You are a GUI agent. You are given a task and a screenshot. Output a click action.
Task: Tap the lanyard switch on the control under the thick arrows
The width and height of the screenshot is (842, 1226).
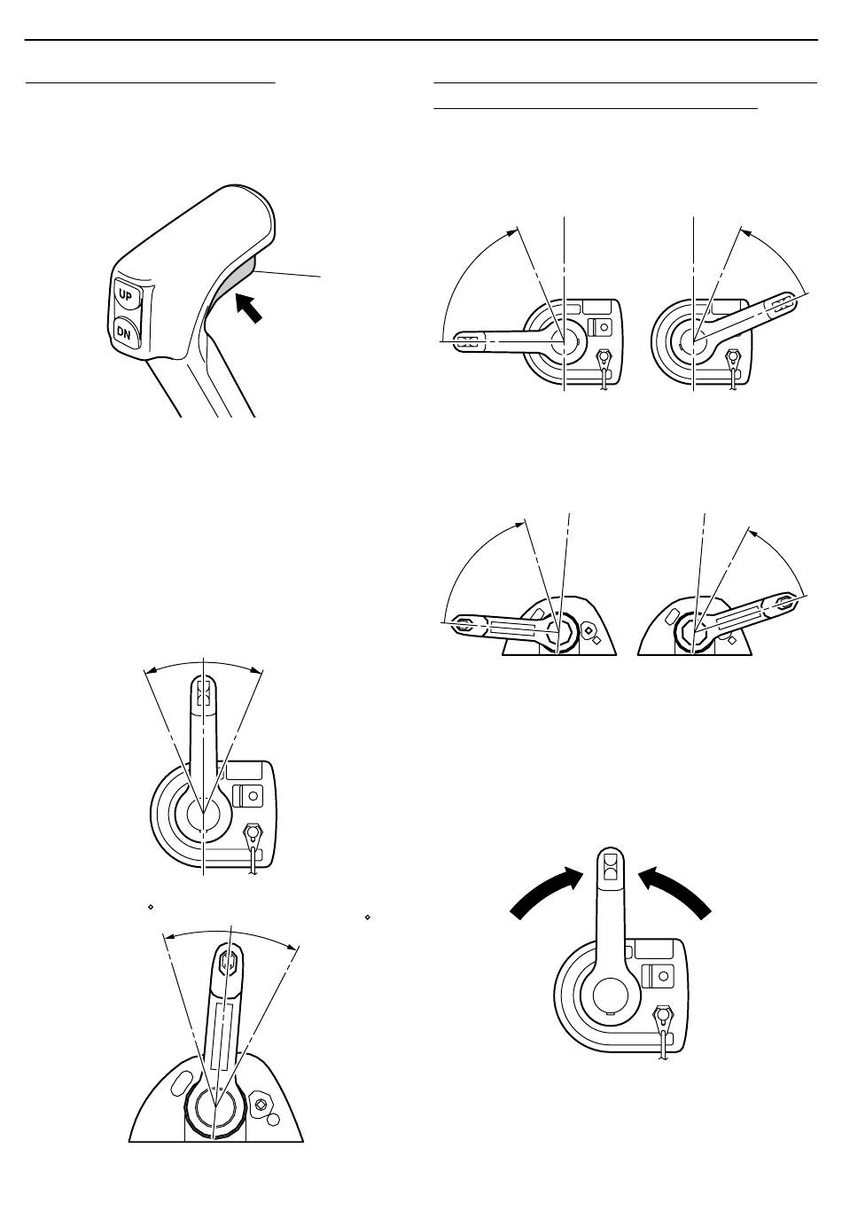(661, 1017)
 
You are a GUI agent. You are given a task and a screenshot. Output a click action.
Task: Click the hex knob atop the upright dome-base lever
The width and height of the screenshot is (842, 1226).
(228, 960)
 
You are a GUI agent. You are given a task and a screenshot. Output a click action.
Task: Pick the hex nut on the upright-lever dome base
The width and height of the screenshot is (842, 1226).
(261, 1105)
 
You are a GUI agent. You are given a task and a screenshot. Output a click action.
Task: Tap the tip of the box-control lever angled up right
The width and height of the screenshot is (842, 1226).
(780, 303)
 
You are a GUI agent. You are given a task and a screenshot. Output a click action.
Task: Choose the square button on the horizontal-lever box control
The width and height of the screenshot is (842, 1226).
(603, 325)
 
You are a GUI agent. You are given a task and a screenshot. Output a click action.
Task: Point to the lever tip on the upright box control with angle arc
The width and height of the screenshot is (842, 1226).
(203, 690)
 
